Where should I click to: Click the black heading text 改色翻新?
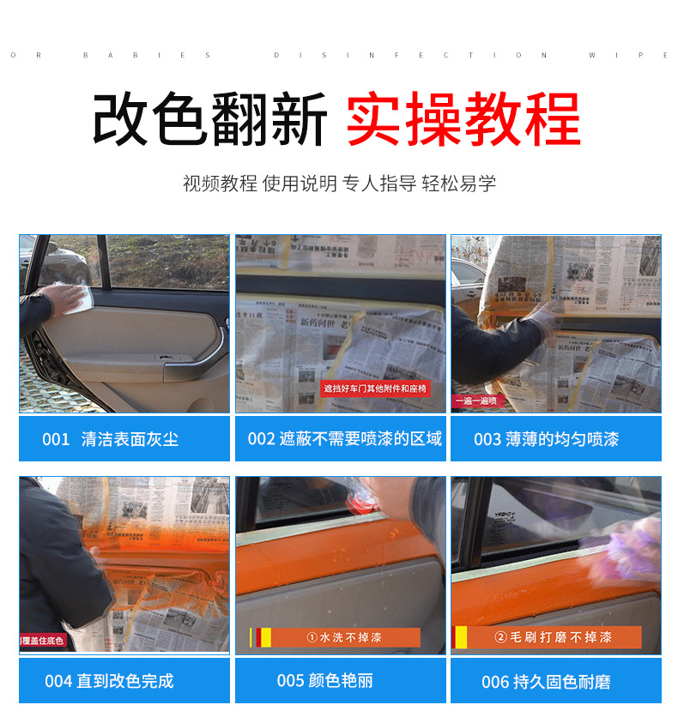[209, 120]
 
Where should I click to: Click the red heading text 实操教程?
[463, 120]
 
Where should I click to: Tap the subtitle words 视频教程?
[220, 183]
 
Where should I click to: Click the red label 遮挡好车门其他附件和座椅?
[374, 389]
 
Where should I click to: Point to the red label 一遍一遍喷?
[475, 401]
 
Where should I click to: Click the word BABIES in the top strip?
[147, 55]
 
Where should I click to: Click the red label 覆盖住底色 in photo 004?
[43, 641]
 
